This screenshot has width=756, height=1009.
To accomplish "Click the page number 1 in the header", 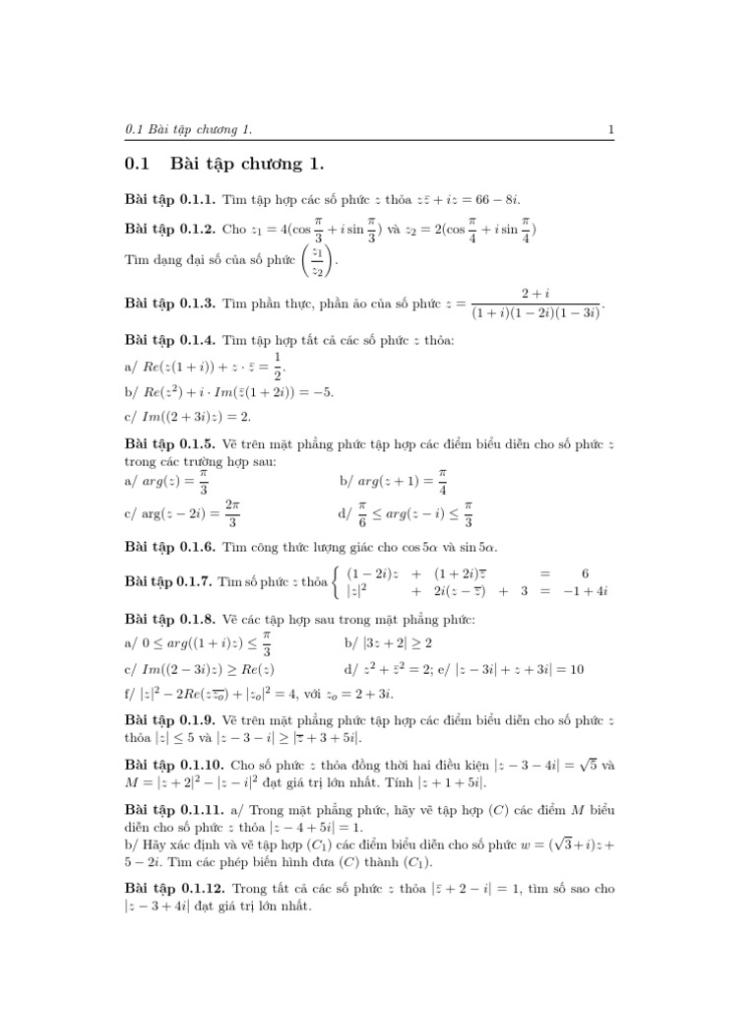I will tap(611, 129).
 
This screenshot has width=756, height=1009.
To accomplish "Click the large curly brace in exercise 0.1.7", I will tap(338, 582).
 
